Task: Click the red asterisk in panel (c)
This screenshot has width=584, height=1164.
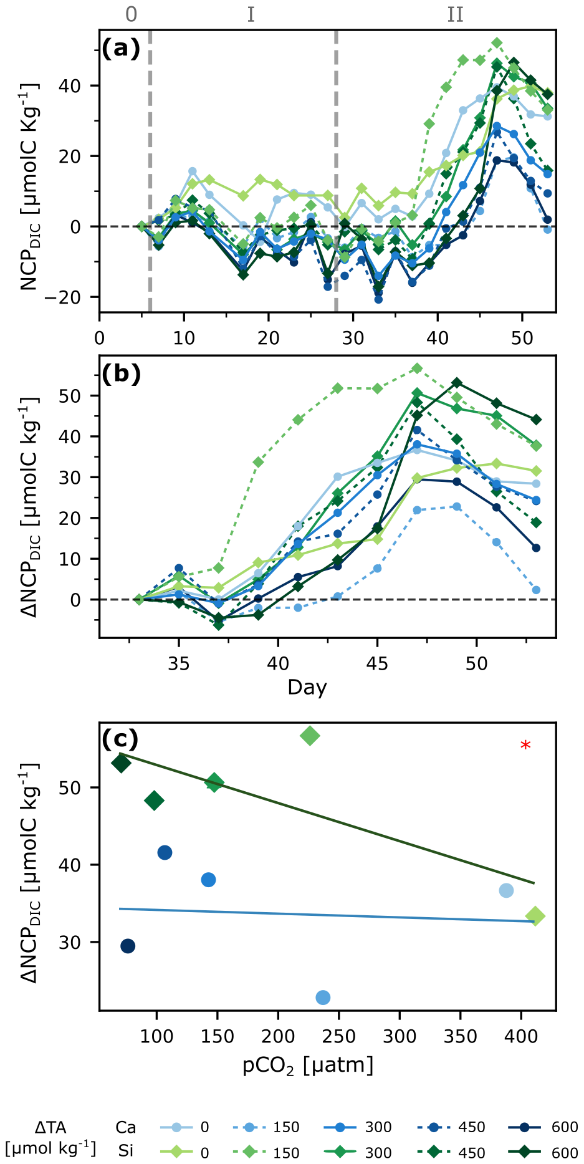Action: (525, 745)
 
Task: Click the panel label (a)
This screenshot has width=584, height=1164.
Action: (121, 48)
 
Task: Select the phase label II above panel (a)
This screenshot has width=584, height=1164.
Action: (455, 14)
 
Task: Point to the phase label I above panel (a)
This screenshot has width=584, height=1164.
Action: (251, 14)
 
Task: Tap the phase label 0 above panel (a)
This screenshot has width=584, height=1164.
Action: (131, 14)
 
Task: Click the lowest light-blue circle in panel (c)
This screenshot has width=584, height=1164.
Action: (323, 998)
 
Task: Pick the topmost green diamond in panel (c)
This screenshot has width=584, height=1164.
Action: (310, 736)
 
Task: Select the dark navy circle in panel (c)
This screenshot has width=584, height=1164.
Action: (128, 946)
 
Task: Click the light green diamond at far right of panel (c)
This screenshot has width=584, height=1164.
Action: (535, 916)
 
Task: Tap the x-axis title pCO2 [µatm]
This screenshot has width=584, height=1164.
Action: (308, 1065)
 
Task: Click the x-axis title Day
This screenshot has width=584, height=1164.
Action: (307, 687)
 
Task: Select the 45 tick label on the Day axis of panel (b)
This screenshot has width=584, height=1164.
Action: (377, 663)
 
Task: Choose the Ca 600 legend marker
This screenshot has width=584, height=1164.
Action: (525, 1127)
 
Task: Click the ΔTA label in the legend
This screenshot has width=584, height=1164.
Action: (50, 1127)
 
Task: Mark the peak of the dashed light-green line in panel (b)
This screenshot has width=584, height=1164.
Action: (417, 368)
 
